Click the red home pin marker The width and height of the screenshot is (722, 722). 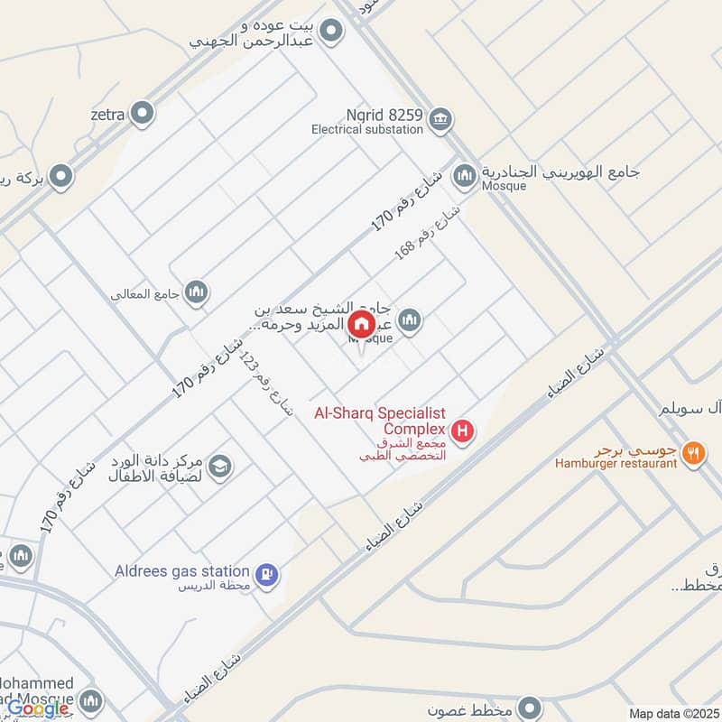[x=362, y=324]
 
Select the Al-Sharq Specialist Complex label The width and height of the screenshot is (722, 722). [x=380, y=421]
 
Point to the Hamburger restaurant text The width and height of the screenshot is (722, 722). [x=616, y=463]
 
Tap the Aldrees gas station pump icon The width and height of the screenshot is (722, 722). [x=266, y=573]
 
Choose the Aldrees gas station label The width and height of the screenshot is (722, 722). [x=181, y=570]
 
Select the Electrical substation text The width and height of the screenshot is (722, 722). [x=367, y=130]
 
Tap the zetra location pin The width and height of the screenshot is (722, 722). [x=142, y=114]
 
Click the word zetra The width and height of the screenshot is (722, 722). [x=106, y=115]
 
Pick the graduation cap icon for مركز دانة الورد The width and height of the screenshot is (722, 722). [x=219, y=467]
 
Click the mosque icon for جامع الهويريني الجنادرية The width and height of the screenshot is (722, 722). [x=465, y=174]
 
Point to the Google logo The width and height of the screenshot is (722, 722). [x=39, y=708]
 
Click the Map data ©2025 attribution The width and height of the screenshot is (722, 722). [x=672, y=714]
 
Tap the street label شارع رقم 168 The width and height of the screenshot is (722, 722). [x=428, y=230]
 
